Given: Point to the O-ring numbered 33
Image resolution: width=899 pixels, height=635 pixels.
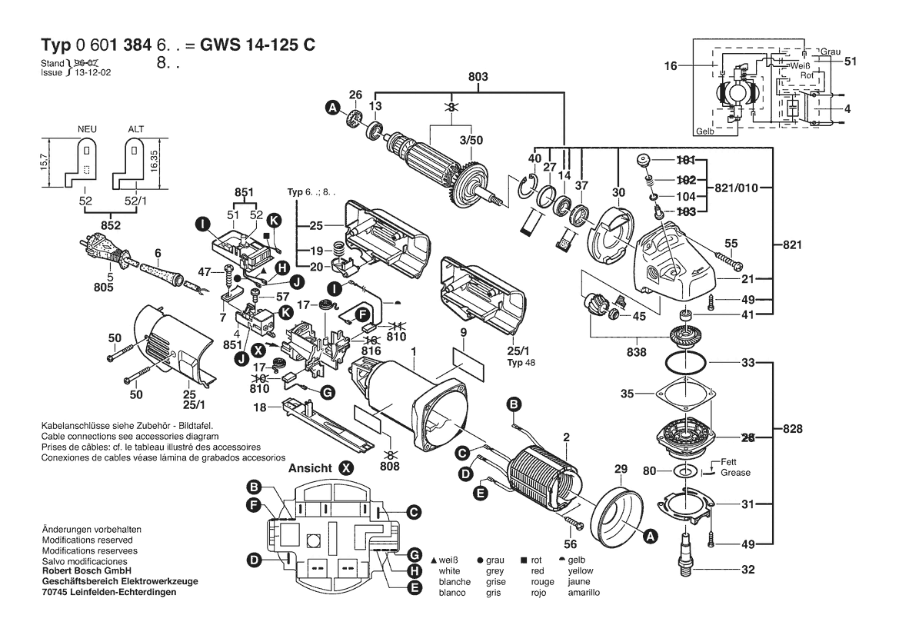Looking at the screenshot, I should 684,361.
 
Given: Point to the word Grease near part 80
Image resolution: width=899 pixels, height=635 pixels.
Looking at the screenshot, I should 735,473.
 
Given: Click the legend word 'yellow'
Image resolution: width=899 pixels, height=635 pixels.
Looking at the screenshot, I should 580,572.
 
